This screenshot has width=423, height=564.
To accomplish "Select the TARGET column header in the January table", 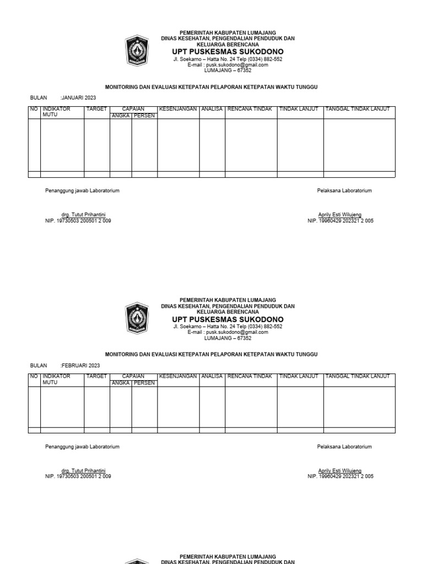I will [x=96, y=109].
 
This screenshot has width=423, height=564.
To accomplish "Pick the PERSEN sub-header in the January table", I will [x=144, y=115].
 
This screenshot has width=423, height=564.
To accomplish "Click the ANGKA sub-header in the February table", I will [x=121, y=383].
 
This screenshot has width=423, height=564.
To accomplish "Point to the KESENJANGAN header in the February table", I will [x=178, y=377].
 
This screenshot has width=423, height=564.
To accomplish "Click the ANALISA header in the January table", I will [x=212, y=109].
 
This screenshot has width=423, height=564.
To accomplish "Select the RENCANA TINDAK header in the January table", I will [x=250, y=109].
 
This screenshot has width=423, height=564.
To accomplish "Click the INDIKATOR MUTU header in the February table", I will [x=56, y=379].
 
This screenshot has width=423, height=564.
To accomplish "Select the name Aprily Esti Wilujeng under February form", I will [x=340, y=471].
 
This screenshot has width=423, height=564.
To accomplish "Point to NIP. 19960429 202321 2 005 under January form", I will [x=340, y=220].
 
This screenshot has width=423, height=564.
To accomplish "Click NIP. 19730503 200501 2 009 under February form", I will [x=78, y=476].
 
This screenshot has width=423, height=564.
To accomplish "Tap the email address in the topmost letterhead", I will [x=227, y=64].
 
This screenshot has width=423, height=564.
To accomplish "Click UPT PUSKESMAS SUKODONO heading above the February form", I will [x=227, y=319].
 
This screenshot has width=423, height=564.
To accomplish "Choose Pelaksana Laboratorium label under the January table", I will [x=344, y=191].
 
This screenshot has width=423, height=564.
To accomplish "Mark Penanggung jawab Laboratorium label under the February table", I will [x=82, y=447].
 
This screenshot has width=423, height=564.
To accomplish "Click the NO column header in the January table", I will [x=34, y=109].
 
